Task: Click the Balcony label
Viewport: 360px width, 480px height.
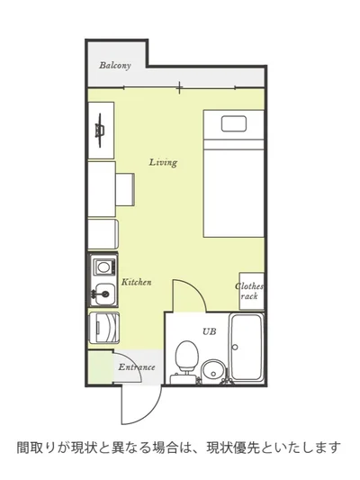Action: pos(115,65)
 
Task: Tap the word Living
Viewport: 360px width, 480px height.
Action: pos(163,162)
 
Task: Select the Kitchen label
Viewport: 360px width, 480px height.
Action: pos(137,282)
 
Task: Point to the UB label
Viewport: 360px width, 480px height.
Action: pos(209,331)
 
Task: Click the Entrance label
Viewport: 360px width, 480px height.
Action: pos(137,367)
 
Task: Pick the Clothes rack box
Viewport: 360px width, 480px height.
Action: pos(251,291)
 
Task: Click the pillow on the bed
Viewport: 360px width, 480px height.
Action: pos(234,123)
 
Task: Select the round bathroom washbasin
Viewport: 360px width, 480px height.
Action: pos(213,370)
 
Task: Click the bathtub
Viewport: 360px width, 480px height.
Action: pos(247,347)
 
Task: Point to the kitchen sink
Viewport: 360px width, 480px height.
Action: pos(104,294)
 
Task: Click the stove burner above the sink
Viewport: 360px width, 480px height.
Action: pos(104,267)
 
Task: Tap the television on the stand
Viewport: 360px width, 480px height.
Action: pos(100,131)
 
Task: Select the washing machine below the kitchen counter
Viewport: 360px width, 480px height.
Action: pos(103,328)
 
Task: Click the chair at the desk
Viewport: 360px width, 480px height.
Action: pos(125,190)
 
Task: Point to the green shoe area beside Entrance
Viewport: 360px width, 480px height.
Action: pos(100,367)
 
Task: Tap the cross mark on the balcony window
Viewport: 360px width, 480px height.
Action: pos(179,88)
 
